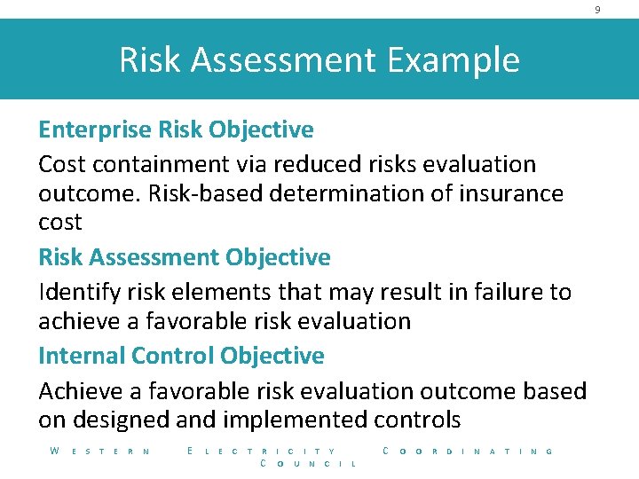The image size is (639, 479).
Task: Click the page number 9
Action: coord(597,10)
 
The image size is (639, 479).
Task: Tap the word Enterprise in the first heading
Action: coord(94,130)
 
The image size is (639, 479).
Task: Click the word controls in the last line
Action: coord(417,420)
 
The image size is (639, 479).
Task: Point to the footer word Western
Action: coord(99,452)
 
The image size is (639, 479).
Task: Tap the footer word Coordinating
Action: coord(468,452)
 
